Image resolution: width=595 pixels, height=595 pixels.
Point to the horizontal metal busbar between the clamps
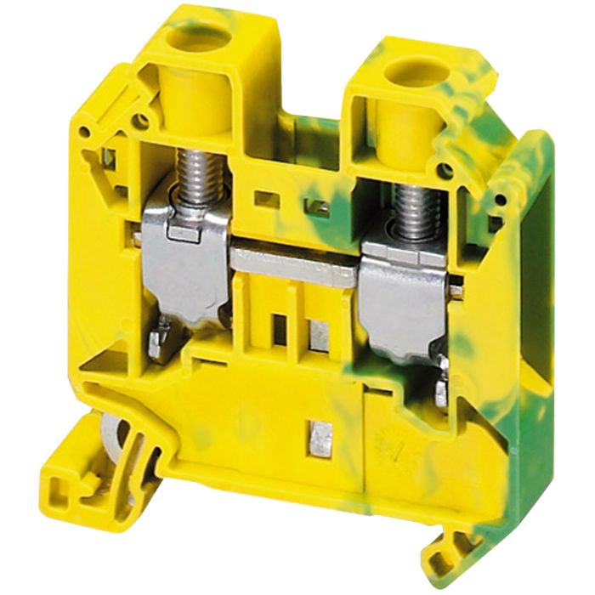coord(293,269)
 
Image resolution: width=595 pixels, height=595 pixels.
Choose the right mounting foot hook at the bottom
coord(450,544)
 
